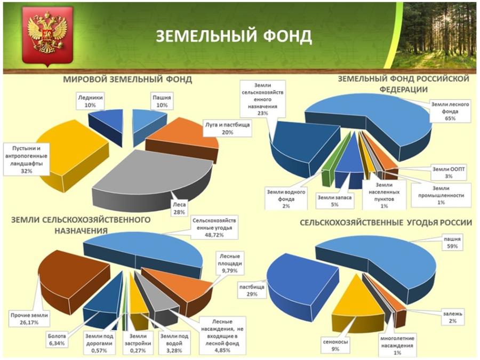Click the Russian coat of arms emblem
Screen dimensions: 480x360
[x=48, y=36]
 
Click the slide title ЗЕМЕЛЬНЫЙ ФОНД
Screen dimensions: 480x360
[x=234, y=36]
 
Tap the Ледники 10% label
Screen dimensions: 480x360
[x=90, y=101]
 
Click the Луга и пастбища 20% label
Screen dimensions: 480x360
[x=227, y=129]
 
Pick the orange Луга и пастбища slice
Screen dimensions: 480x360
[x=183, y=138]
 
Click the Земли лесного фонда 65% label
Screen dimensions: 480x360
[x=450, y=111]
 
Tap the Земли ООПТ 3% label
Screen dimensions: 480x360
[x=449, y=172]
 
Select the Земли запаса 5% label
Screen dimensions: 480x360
[x=334, y=201]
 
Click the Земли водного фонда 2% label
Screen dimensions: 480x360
[x=286, y=199]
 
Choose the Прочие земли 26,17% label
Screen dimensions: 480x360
[x=29, y=319]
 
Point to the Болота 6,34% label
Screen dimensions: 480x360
[x=57, y=340]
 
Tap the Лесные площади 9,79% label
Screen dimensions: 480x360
[x=229, y=263]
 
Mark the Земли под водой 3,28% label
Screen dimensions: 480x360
[x=174, y=343]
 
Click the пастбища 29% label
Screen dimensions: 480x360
[x=252, y=291]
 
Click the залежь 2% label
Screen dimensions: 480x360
[x=452, y=317]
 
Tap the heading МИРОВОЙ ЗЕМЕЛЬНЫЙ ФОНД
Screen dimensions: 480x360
[x=127, y=79]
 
